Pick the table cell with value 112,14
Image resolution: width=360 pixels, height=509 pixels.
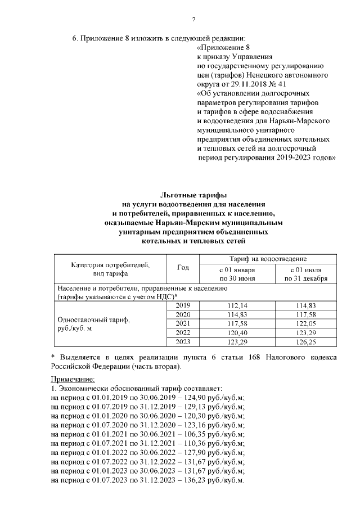click(x=237, y=305)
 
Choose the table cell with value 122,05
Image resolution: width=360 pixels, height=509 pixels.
click(x=306, y=324)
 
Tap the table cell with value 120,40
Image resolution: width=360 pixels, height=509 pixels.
click(x=237, y=333)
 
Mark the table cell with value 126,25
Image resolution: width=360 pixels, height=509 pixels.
click(x=306, y=343)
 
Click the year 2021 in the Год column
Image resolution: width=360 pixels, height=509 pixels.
click(x=183, y=324)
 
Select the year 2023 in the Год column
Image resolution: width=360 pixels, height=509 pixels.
click(x=183, y=343)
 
